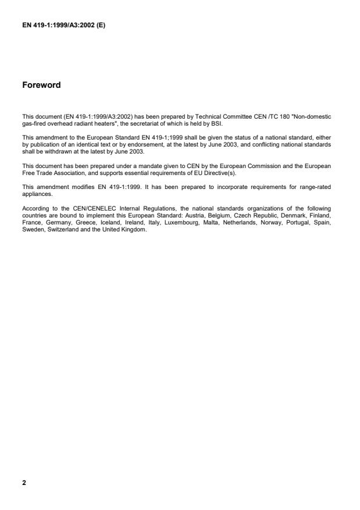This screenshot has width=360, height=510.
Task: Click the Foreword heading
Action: pyautogui.click(x=41, y=85)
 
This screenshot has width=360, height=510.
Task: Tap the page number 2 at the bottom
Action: pyautogui.click(x=23, y=482)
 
